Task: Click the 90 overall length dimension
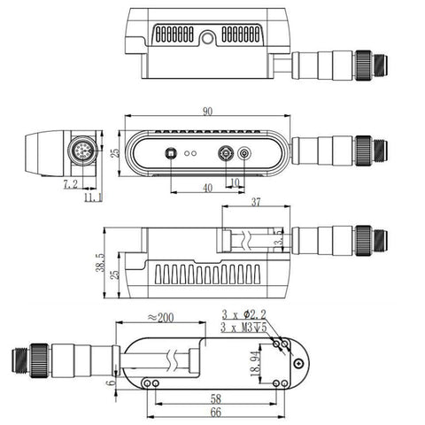tap(207, 112)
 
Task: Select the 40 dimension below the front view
tap(207, 188)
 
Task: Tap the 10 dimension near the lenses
tap(234, 183)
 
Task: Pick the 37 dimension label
tap(255, 203)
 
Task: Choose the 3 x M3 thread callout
tap(244, 327)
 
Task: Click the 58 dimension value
tap(216, 399)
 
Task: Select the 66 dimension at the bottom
tap(216, 413)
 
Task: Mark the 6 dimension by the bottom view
tap(110, 382)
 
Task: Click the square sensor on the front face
tap(168, 151)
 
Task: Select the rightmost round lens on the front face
tap(245, 152)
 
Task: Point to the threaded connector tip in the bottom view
tap(19, 359)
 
